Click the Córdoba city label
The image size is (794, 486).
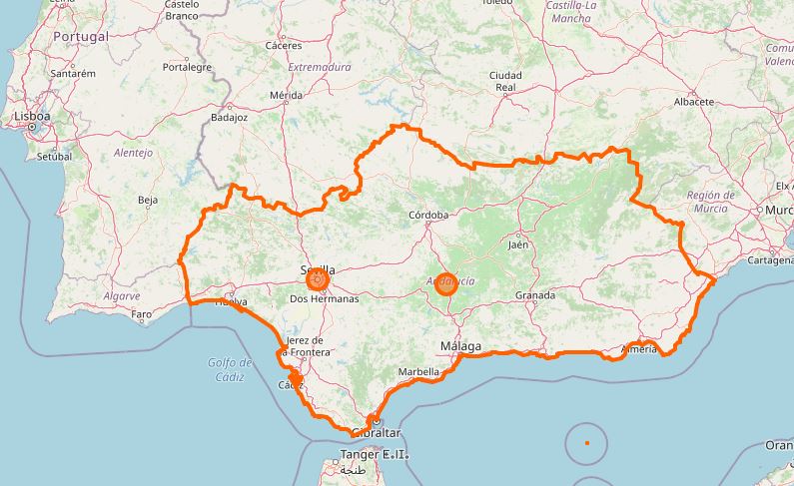[x=429, y=215]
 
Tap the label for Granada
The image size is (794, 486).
[x=534, y=296]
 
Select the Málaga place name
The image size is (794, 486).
[x=460, y=346]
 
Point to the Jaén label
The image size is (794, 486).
[x=517, y=244]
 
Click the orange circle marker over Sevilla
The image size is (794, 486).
[x=318, y=282]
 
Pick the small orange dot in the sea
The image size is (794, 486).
[x=587, y=442]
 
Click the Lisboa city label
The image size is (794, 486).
[x=32, y=117]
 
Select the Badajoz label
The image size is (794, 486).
[x=229, y=117]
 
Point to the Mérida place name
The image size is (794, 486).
[x=286, y=96]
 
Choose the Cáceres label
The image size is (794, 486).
[x=284, y=46]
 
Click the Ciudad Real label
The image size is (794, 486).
[x=505, y=81]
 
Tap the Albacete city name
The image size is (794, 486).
[x=693, y=102]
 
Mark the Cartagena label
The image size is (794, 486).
[x=769, y=260]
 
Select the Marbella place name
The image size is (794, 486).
[x=418, y=371]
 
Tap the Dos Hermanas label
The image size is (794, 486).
[x=323, y=299]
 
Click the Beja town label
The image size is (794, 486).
[x=147, y=201]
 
